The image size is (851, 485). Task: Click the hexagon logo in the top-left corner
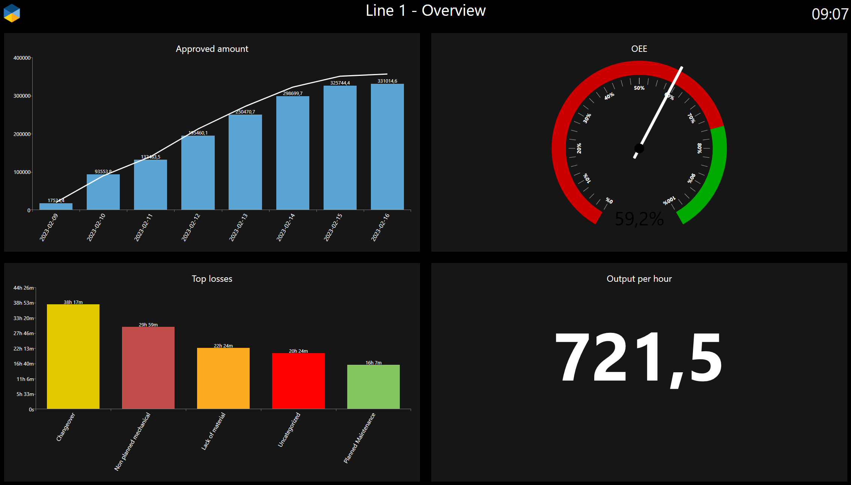[x=12, y=13]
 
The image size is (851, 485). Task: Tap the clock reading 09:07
[x=830, y=14]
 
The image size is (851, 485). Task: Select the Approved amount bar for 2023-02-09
[x=56, y=206]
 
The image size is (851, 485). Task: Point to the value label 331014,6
[x=387, y=81]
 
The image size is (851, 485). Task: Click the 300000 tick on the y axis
[x=22, y=96]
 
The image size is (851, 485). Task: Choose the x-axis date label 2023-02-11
[x=143, y=227]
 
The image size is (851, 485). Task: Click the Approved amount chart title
[x=212, y=49]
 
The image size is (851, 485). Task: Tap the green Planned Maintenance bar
[x=374, y=387]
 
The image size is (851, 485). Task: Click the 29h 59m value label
[x=148, y=325]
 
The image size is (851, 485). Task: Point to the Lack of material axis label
[x=213, y=431]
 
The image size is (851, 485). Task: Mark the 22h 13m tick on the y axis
[x=24, y=349]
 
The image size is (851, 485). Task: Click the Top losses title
[x=212, y=279]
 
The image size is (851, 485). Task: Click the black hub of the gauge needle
[x=639, y=148]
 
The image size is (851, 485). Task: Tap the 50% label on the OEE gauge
[x=639, y=88]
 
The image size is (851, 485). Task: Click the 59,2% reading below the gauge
[x=639, y=219]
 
